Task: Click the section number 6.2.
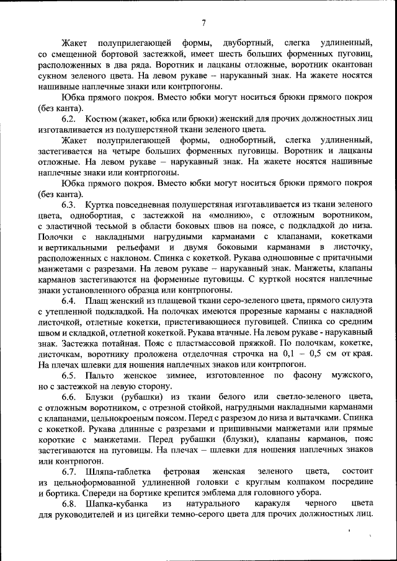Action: (x=69, y=118)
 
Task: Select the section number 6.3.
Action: (x=69, y=204)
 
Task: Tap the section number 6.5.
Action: (x=69, y=376)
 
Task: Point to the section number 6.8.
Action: (x=69, y=505)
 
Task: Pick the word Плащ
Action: (x=99, y=301)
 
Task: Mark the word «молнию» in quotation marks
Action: (x=230, y=214)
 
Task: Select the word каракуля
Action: (x=267, y=505)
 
